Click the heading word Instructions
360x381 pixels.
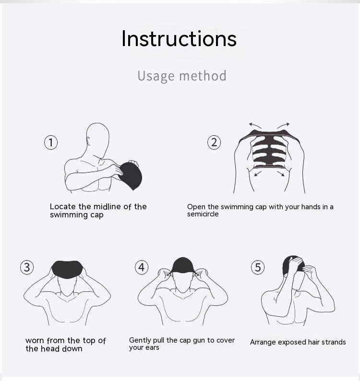click(179, 39)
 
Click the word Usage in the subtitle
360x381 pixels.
click(156, 76)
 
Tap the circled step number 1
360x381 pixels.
click(51, 143)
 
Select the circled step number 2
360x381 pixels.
click(214, 143)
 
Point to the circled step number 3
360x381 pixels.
click(27, 267)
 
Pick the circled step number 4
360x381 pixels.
click(142, 267)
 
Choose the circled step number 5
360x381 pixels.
click(258, 267)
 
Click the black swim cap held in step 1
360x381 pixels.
click(131, 176)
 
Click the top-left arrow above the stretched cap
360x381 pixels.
click(255, 125)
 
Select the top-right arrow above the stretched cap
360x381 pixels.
click(283, 125)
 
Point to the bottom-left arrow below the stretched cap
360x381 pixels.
click(258, 174)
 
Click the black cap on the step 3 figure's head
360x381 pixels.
click(67, 269)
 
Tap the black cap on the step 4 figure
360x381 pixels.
click(183, 265)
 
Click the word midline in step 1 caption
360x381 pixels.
click(107, 206)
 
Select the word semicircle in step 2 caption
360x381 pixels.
click(203, 214)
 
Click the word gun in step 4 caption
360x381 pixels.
click(199, 341)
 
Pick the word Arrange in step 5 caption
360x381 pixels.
click(263, 342)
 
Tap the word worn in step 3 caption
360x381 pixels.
click(35, 341)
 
